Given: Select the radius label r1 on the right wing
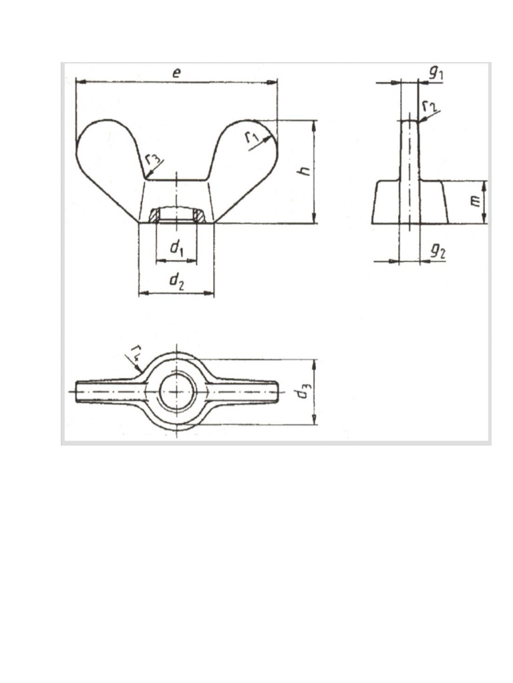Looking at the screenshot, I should pos(252,137).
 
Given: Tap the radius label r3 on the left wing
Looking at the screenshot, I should pos(152,160).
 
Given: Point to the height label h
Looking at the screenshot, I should pos(305,171).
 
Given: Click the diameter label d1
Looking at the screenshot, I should pos(176,249).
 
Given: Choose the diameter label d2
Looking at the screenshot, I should pos(176,281).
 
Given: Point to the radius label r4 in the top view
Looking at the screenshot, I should pos(136,350).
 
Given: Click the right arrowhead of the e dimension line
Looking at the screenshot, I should pos(273,82).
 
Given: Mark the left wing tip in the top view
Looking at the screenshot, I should pos(80,392).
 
